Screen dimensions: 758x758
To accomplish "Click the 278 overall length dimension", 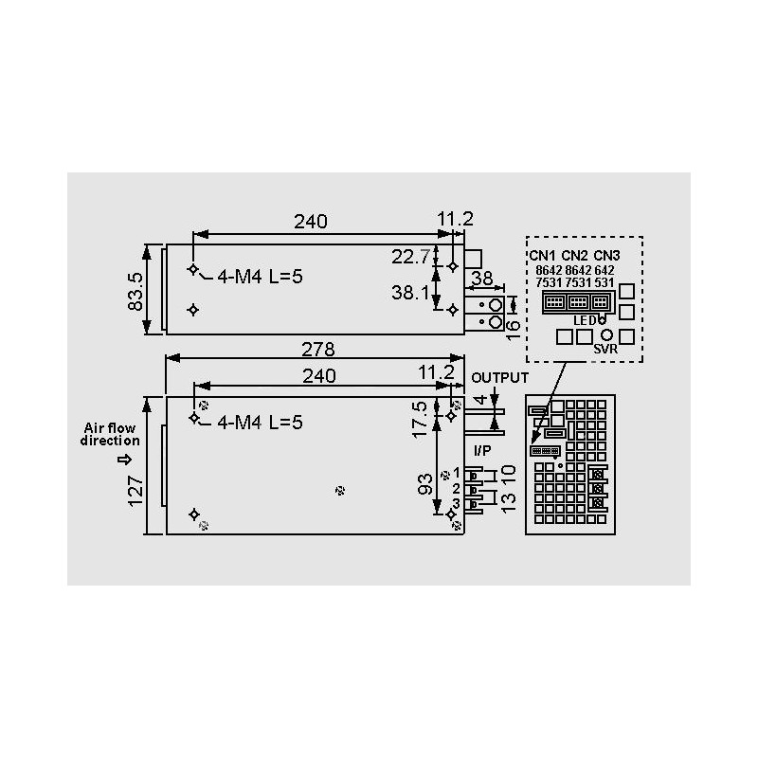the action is (317, 349).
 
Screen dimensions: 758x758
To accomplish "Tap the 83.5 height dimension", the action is (135, 292).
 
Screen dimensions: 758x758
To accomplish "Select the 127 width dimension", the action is (135, 491).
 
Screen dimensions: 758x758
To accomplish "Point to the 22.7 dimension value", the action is (410, 257).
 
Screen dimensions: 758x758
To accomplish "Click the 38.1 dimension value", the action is (410, 293).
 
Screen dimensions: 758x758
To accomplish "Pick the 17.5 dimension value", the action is (420, 419).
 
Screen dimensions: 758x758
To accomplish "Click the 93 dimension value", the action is (424, 484).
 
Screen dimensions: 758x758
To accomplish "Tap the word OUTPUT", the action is (500, 377).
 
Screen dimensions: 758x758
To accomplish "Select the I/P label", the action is (482, 451).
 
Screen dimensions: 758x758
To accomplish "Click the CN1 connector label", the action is (542, 256).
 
